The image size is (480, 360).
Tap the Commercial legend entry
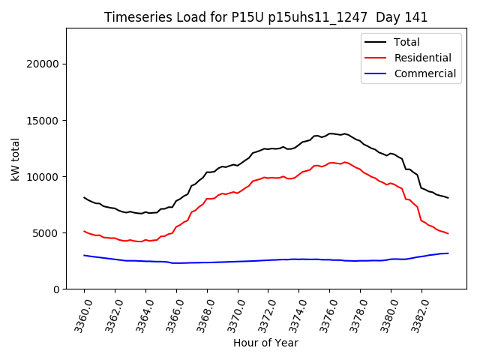pyautogui.click(x=424, y=73)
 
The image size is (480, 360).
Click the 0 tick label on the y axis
pyautogui.click(x=55, y=289)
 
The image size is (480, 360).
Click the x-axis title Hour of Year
pyautogui.click(x=265, y=343)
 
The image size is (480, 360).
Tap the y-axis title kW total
pyautogui.click(x=16, y=158)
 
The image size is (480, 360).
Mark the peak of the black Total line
pyautogui.click(x=331, y=133)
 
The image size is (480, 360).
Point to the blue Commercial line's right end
pyautogui.click(x=448, y=253)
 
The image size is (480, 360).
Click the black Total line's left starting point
pyautogui.click(x=84, y=197)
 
